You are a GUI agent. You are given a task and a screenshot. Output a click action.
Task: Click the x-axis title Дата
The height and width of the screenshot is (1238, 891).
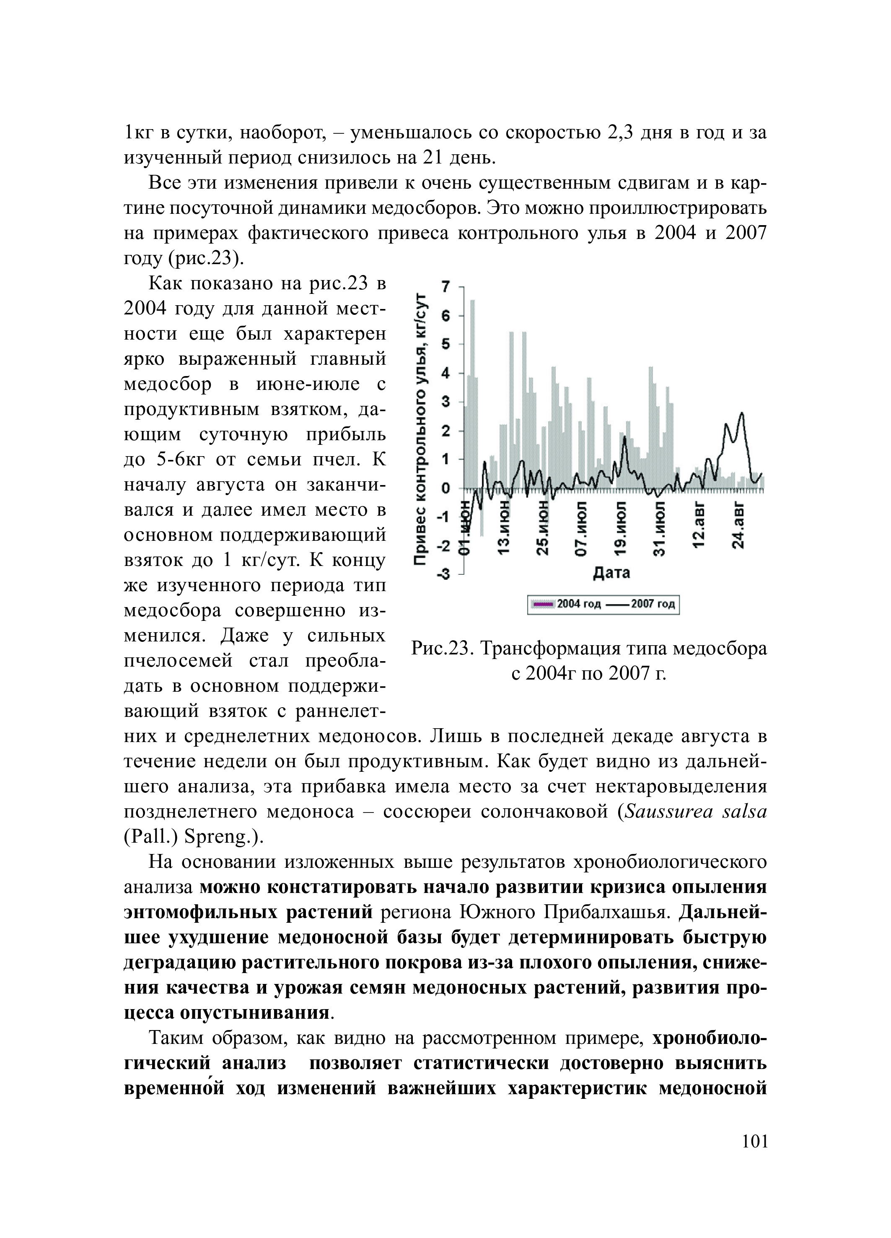click(x=611, y=573)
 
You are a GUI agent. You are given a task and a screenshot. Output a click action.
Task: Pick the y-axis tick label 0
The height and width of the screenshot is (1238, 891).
click(x=446, y=488)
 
